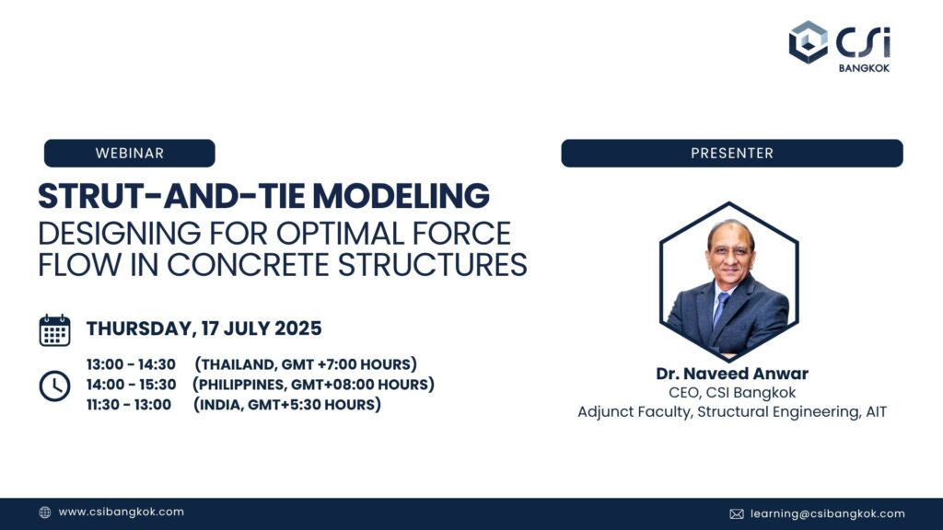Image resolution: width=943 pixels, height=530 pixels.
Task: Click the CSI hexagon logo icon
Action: (808, 41)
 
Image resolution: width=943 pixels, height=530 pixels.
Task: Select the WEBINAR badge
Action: (129, 153)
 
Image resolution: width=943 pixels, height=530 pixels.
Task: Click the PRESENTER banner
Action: (731, 153)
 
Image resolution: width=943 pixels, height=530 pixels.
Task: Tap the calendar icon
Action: (54, 329)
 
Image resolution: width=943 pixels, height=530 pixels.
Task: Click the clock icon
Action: (54, 385)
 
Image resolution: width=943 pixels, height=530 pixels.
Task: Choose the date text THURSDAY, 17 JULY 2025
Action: (204, 329)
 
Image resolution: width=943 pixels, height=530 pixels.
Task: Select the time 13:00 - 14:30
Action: (131, 364)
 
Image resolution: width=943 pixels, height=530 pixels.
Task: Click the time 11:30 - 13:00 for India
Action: (129, 405)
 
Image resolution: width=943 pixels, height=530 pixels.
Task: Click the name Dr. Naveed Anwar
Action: (731, 374)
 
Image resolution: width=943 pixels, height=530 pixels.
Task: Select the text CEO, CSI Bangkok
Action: (731, 393)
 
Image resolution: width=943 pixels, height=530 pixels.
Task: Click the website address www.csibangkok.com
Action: (121, 513)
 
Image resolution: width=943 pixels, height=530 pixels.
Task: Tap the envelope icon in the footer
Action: (737, 513)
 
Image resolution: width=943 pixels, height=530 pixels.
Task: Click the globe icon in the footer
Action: (45, 513)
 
